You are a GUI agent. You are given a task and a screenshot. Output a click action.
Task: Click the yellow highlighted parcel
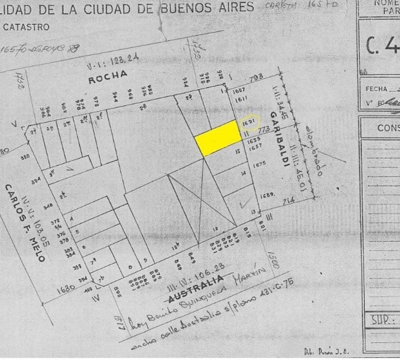click(x=218, y=137)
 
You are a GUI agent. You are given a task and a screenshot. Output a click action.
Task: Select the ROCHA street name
click(x=108, y=77)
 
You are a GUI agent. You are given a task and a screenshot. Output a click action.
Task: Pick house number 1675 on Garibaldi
click(x=259, y=164)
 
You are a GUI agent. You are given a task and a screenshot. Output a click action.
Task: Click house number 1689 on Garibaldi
click(x=267, y=195)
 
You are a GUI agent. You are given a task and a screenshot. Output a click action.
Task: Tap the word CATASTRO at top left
click(x=26, y=27)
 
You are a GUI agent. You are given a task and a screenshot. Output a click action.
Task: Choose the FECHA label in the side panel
click(x=377, y=89)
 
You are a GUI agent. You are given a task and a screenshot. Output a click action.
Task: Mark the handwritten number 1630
click(x=66, y=289)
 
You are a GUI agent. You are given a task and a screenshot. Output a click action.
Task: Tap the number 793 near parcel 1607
click(x=257, y=77)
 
